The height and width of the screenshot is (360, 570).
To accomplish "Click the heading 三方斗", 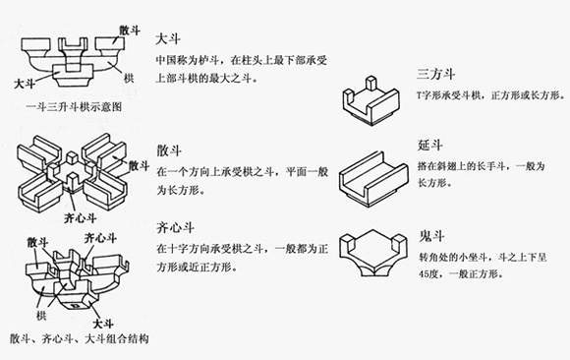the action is click(436, 74).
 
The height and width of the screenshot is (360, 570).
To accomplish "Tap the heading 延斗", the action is click(429, 145).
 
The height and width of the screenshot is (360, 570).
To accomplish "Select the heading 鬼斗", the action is click(431, 236).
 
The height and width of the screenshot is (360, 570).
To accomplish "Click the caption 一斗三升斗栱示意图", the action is click(74, 106).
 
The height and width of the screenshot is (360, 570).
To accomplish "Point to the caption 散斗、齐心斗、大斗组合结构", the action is click(80, 339).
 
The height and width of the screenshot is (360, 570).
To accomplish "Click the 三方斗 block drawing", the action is click(370, 101).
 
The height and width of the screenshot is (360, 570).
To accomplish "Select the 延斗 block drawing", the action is click(373, 179).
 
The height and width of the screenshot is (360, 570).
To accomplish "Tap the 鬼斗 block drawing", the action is click(373, 253).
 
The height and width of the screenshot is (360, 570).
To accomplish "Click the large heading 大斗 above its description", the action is click(168, 39).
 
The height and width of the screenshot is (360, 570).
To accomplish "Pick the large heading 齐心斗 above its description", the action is click(175, 227).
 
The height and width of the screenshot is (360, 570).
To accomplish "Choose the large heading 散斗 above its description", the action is click(169, 150).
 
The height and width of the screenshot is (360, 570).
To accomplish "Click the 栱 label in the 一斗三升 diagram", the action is click(129, 78).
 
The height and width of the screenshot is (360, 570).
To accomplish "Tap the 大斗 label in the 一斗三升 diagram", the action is click(25, 84).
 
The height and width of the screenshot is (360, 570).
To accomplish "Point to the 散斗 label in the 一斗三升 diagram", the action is click(130, 30).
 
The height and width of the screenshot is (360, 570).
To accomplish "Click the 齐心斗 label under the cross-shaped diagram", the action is click(80, 218).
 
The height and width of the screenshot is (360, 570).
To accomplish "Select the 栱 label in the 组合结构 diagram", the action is click(41, 316).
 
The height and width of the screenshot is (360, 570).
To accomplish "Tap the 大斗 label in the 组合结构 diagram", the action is click(103, 324).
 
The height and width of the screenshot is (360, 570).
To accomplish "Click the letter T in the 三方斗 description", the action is click(419, 95).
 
